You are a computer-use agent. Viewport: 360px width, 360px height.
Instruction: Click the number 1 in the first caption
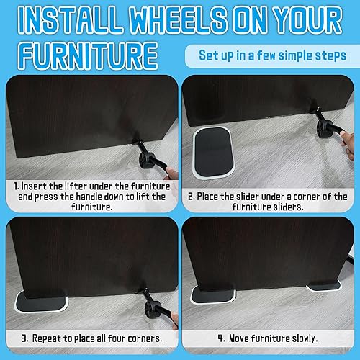pos(17,185)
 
